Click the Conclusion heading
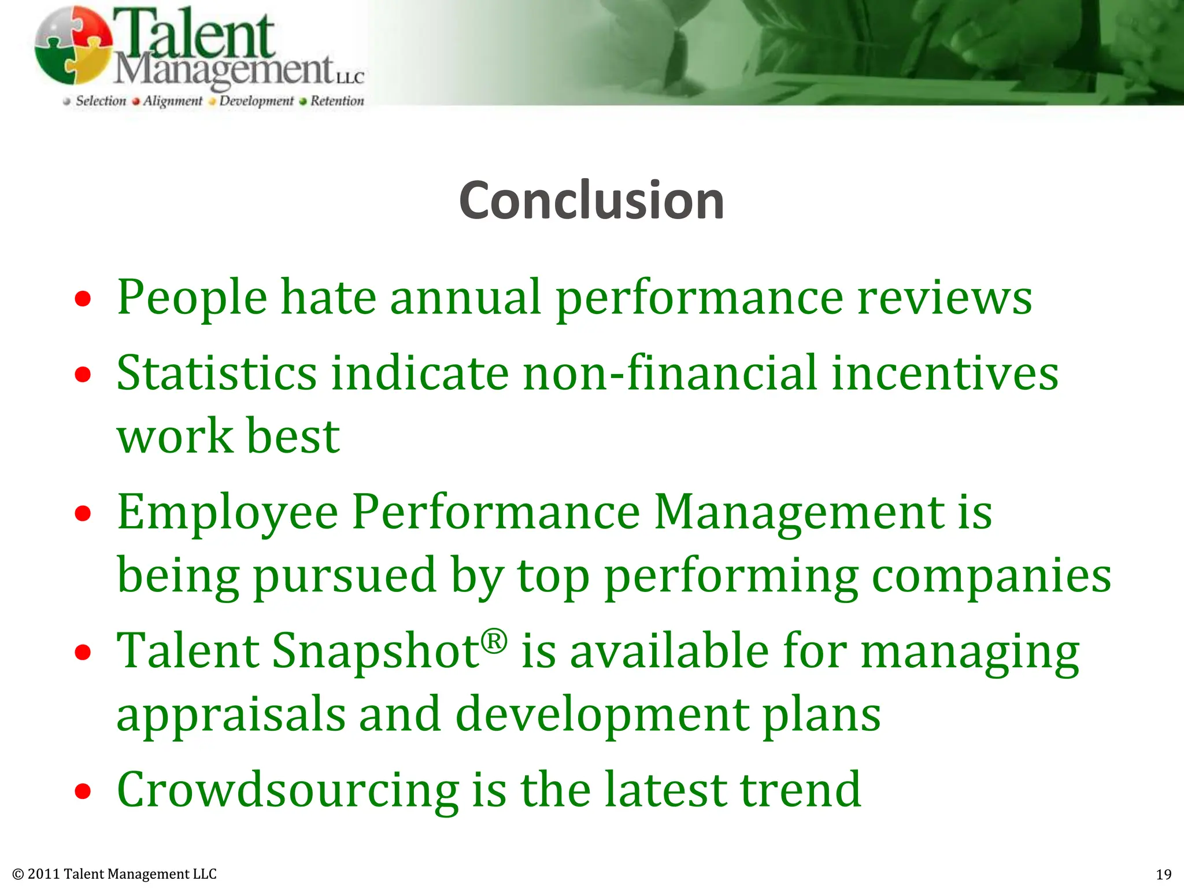[x=591, y=201]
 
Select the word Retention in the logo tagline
[x=337, y=101]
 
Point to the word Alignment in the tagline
[x=172, y=101]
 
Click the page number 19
[x=1163, y=874]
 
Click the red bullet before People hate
[x=83, y=299]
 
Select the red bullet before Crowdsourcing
[x=83, y=791]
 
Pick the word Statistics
[x=217, y=373]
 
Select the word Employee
[x=227, y=513]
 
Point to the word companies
[x=991, y=576]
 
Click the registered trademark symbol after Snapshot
[x=494, y=641]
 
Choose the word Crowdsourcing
[x=288, y=790]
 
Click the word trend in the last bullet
[x=801, y=790]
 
